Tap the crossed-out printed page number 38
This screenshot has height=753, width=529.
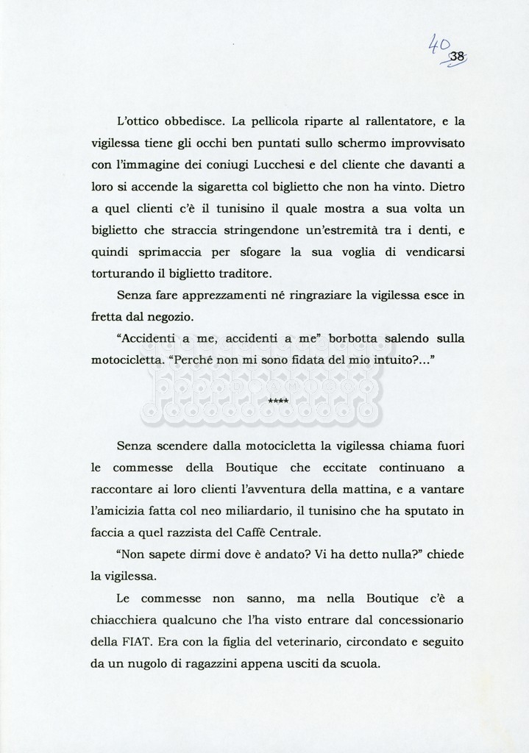click(x=457, y=57)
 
